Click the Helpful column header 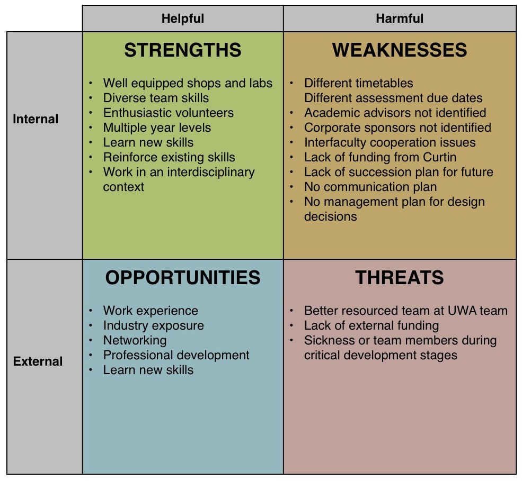182,19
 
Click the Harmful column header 400,19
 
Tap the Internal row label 36,119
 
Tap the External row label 38,361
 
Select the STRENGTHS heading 183,50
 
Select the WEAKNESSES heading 400,50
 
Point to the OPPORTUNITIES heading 183,278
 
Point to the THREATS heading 400,278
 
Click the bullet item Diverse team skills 156,98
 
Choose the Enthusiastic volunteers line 169,113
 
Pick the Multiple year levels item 157,128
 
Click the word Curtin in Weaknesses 439,157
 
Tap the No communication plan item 370,187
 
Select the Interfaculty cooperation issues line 390,142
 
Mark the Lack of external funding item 371,325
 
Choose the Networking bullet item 135,340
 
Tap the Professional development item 176,356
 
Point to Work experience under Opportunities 151,311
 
